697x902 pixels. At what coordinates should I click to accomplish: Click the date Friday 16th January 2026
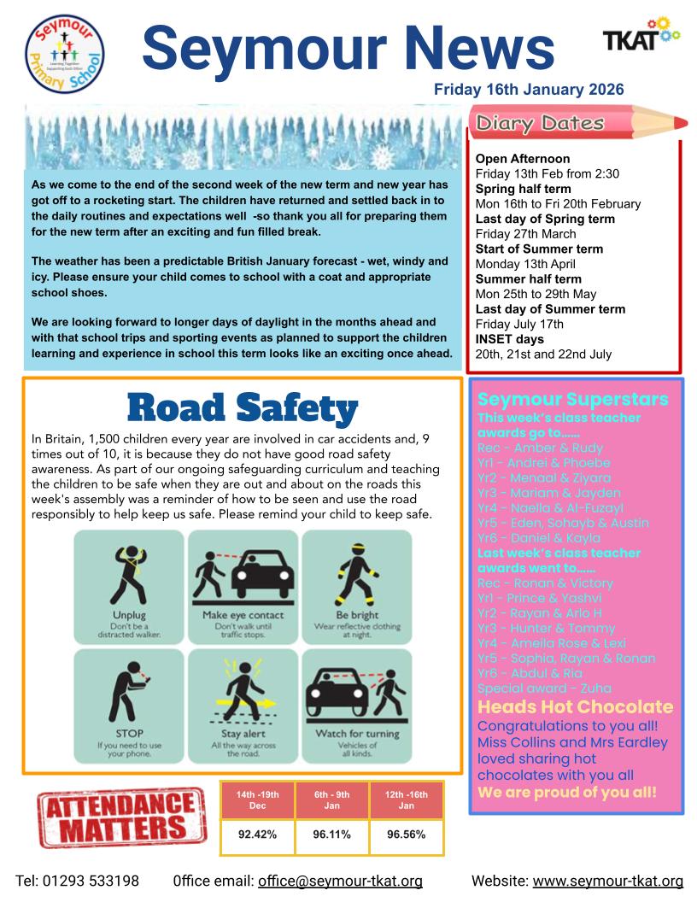(x=529, y=89)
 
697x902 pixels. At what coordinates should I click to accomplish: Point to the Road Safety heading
(x=242, y=407)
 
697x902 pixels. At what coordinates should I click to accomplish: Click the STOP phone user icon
(x=129, y=702)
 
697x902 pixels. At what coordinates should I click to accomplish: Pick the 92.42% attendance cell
(x=257, y=835)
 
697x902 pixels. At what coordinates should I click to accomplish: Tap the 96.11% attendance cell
(x=331, y=835)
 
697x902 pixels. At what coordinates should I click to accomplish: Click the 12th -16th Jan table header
(x=407, y=799)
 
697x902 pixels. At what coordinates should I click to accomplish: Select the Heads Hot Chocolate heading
(x=575, y=707)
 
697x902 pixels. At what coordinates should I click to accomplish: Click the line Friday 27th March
(x=525, y=234)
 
